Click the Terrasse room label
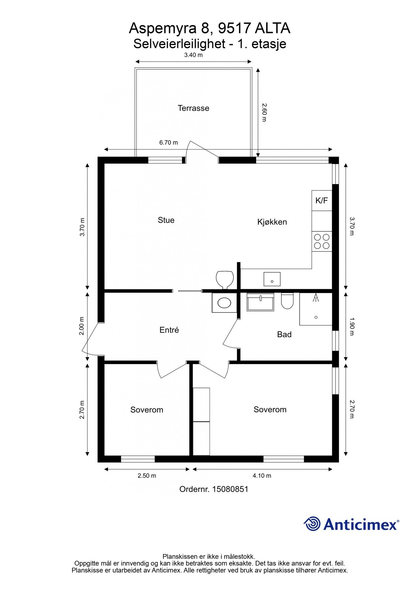193,108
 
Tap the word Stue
166,220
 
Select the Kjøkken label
272,222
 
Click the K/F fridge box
322,200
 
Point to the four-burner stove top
322,241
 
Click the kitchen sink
272,279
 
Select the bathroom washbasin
260,302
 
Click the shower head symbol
316,298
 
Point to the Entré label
169,330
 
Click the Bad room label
284,335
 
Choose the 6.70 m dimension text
169,143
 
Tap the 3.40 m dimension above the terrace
193,55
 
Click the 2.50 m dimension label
147,476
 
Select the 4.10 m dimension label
262,476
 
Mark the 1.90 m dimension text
352,327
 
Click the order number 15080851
230,489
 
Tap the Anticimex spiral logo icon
312,524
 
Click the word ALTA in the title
273,29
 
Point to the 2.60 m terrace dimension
264,112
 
